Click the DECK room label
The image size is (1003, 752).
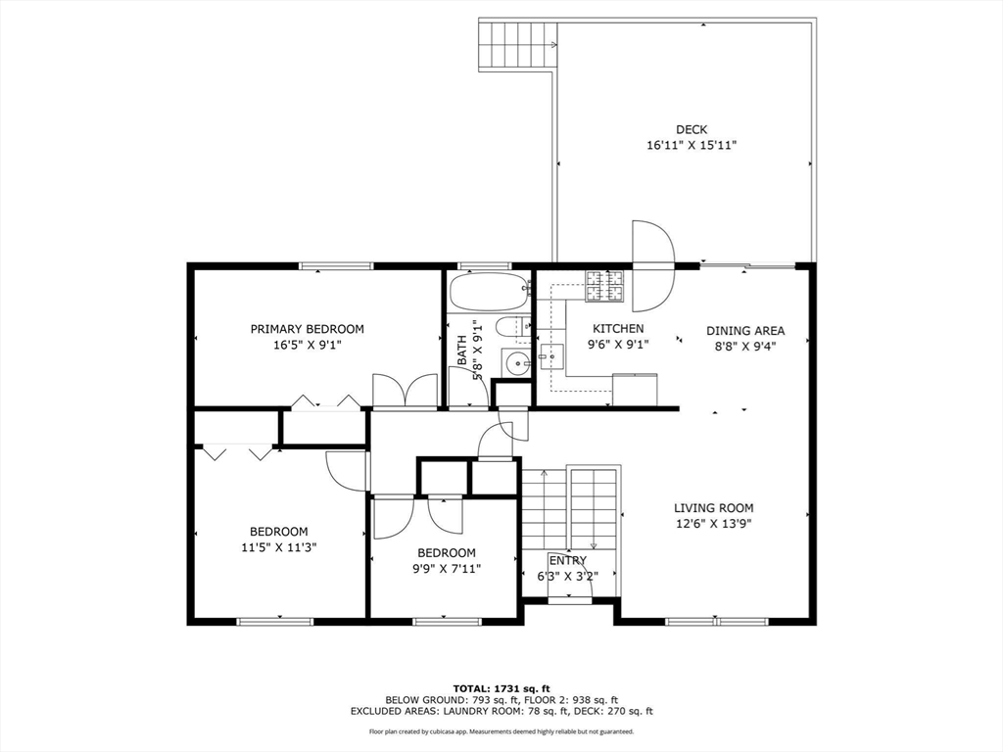click(691, 129)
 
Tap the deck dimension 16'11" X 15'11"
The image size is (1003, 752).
click(691, 145)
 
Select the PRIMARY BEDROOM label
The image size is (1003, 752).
click(307, 329)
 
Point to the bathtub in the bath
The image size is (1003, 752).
click(488, 290)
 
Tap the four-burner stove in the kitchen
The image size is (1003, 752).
click(604, 285)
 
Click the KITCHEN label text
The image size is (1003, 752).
click(616, 329)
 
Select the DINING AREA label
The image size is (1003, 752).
click(745, 331)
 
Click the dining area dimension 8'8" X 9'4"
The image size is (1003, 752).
click(745, 346)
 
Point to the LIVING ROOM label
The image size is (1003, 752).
click(713, 507)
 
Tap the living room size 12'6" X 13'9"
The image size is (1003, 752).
click(713, 523)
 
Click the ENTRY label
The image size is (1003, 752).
click(568, 560)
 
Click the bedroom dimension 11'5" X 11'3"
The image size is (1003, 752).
click(278, 547)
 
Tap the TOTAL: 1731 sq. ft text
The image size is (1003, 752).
click(501, 687)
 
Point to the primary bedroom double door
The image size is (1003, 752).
click(405, 391)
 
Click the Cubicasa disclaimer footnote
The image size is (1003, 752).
click(501, 731)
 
